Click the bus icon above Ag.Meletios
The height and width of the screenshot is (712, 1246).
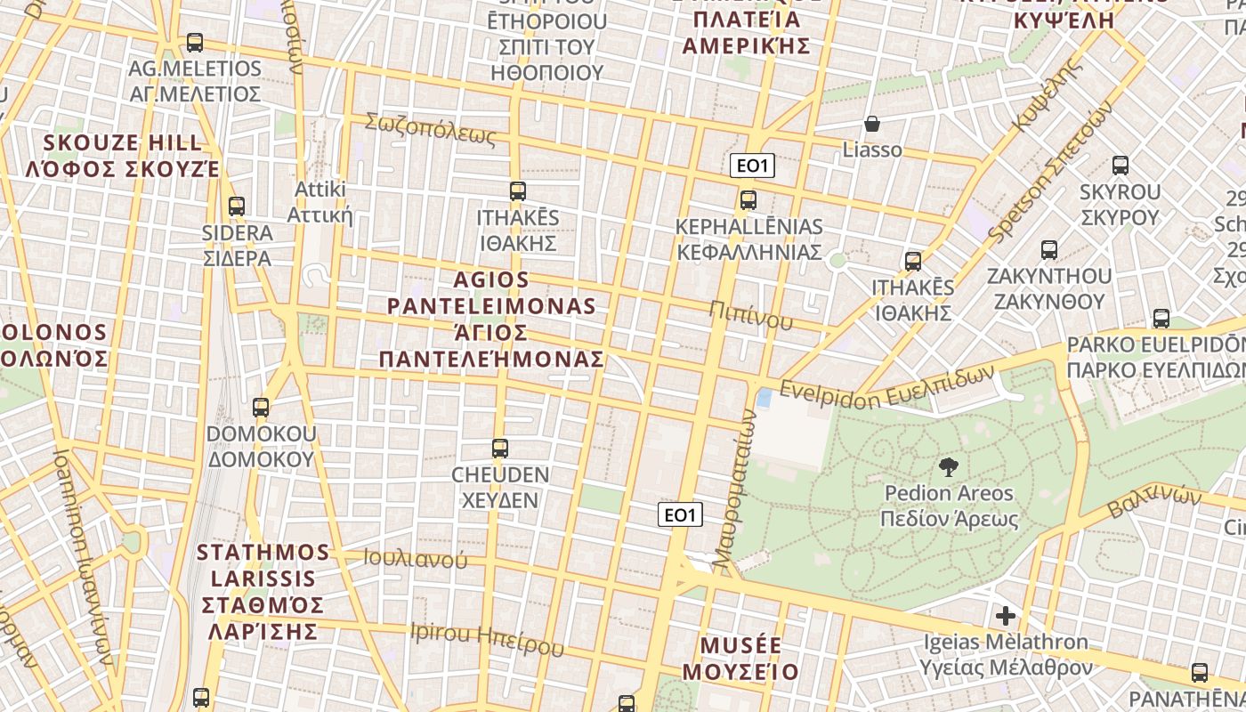pos(195,42)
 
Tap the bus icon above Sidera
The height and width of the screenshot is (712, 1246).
pos(236,206)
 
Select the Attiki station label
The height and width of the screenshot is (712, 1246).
pos(320,202)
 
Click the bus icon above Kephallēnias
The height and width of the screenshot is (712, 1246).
pos(748,199)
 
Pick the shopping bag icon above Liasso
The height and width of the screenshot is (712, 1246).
pos(872,124)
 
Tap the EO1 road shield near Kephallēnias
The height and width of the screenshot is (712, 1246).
pos(752,165)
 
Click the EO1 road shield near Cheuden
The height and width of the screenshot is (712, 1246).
pos(681,514)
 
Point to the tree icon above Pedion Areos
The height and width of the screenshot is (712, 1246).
pos(949,465)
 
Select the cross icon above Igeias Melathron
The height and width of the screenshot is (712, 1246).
pos(1006,615)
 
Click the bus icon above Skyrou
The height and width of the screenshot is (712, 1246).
pos(1120,165)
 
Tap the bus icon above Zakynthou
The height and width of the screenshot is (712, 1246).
pos(1049,250)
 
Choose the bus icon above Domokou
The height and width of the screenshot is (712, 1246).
pos(261,408)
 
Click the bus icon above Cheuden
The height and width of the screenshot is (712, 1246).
pos(500,448)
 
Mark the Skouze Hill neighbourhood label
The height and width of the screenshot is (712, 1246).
pos(123,156)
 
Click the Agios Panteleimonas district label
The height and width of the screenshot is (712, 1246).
pos(491,320)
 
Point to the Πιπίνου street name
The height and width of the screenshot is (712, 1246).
pos(751,314)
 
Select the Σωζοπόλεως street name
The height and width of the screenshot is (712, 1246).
pos(430,130)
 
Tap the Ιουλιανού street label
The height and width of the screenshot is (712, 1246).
pos(415,559)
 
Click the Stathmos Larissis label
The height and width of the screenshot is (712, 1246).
pos(263,591)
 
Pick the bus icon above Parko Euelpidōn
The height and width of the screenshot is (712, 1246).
pos(1161,318)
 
